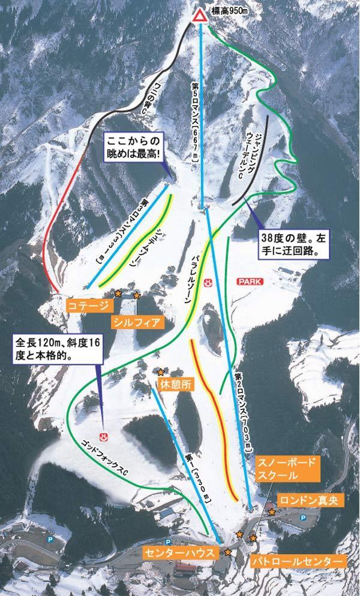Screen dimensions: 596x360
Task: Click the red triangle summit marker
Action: [200, 16]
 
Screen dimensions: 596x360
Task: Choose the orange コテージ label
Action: [89, 306]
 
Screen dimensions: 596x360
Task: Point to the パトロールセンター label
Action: [297, 562]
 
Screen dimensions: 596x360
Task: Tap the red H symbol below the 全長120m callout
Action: [103, 436]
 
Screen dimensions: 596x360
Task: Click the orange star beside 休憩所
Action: [160, 372]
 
